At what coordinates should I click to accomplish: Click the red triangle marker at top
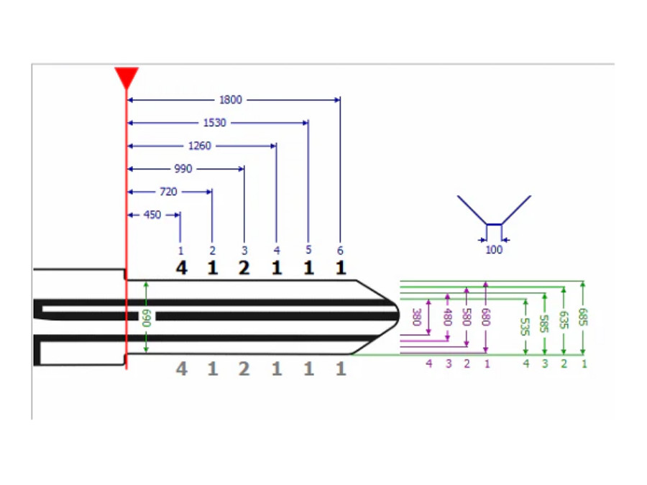(127, 77)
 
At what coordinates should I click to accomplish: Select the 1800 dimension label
(231, 100)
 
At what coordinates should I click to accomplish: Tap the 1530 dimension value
(214, 123)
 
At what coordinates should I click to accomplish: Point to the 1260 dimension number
(200, 146)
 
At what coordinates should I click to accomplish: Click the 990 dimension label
(183, 169)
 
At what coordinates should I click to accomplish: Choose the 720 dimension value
(168, 192)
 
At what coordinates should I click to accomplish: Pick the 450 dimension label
(152, 215)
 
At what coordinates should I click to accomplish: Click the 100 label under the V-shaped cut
(494, 250)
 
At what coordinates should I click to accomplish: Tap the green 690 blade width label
(147, 318)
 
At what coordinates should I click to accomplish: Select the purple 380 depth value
(417, 317)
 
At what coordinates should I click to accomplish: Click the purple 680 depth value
(486, 317)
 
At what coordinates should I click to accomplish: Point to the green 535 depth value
(525, 327)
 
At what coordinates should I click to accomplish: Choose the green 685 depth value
(582, 317)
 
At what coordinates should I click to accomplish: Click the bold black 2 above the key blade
(244, 268)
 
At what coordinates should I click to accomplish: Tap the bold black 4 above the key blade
(182, 268)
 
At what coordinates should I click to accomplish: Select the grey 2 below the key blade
(244, 369)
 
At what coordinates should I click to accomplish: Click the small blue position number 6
(340, 250)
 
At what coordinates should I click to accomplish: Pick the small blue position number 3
(244, 250)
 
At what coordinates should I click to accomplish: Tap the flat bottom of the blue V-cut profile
(494, 224)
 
